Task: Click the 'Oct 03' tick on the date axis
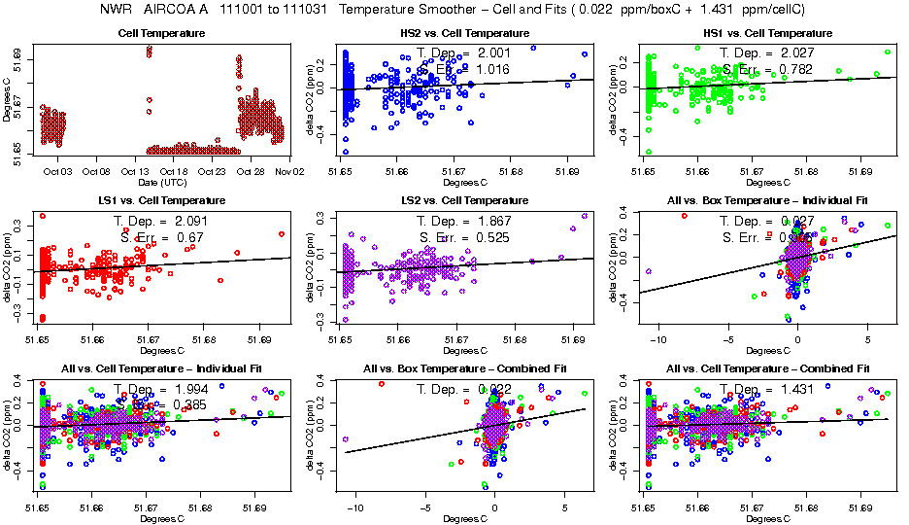pyautogui.click(x=57, y=171)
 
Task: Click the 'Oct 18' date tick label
pyautogui.click(x=174, y=171)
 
